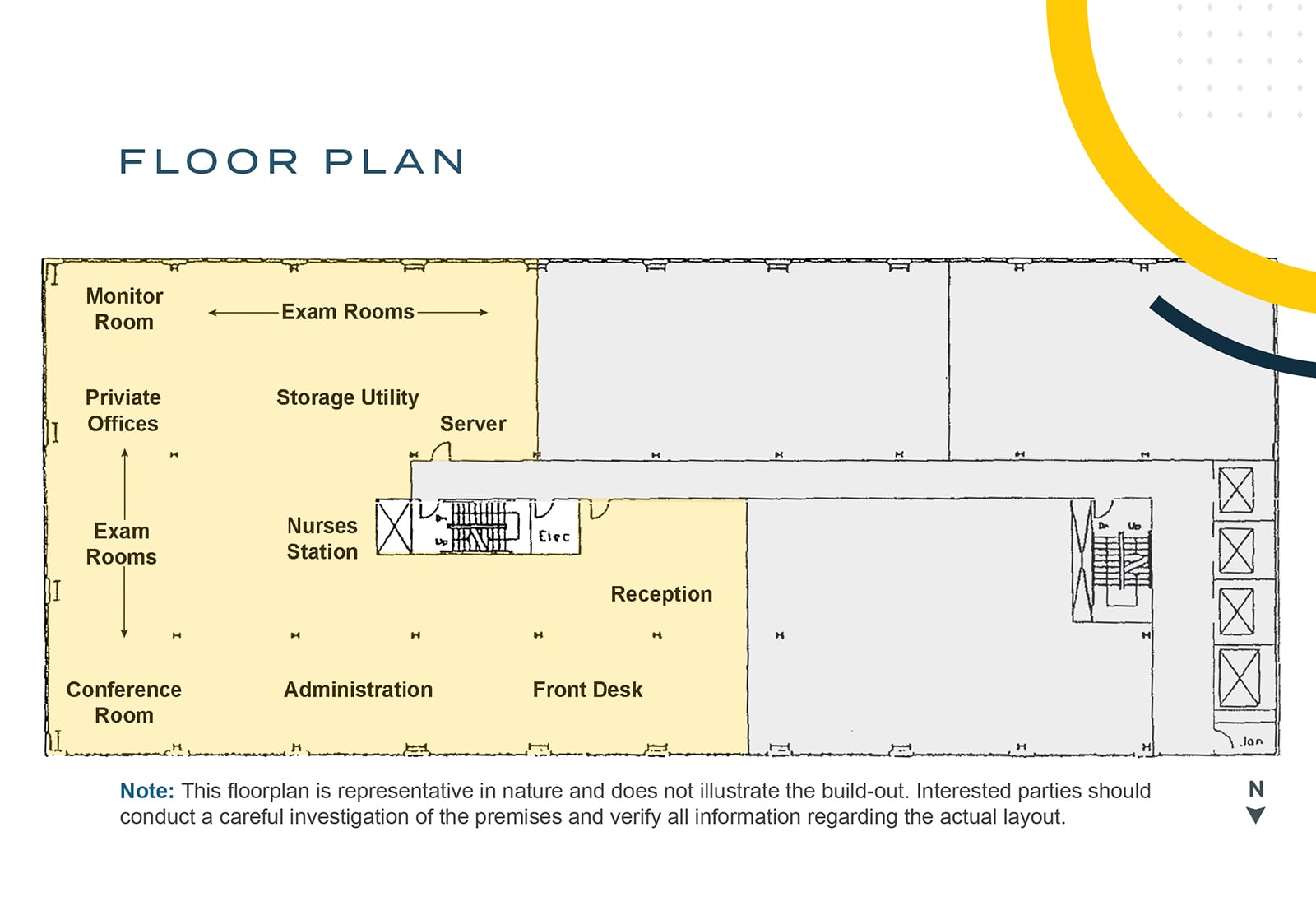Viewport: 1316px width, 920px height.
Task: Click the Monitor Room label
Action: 124,309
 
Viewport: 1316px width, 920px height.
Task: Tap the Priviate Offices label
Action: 123,410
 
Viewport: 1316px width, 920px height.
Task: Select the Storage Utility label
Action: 347,397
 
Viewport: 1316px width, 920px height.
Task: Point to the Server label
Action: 473,424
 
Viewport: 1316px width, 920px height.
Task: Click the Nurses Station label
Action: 322,539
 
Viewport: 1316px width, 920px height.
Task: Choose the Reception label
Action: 661,594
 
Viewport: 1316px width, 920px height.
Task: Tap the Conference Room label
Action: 124,702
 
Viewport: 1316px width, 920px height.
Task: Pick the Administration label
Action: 358,690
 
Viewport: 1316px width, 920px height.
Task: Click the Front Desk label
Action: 587,690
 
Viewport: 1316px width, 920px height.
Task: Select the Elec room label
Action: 554,537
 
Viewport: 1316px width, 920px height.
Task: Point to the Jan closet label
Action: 1251,741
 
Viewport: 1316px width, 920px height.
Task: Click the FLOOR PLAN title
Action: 292,161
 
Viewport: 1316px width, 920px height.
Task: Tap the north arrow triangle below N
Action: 1255,815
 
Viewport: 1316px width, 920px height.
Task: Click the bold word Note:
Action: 147,791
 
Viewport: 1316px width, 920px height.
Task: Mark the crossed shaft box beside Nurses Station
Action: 394,527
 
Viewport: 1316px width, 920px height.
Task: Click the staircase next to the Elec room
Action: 479,527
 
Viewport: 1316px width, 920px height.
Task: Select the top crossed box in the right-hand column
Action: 1236,490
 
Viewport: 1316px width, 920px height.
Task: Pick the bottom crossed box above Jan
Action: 1239,678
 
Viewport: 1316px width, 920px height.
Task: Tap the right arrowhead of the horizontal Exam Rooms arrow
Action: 484,313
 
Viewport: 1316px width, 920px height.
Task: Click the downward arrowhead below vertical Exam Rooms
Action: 124,633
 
